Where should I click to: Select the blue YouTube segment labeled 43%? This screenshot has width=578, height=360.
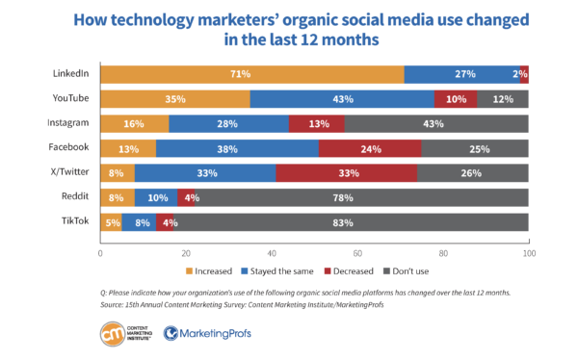tap(342, 99)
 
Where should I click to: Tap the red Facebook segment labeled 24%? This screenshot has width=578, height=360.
tap(369, 148)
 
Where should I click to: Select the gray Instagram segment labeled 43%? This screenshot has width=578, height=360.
tap(435, 123)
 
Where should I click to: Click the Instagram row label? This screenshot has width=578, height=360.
tap(68, 123)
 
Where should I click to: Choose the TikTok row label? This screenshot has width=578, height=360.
tap(75, 221)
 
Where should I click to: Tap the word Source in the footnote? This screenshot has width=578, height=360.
tap(114, 303)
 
